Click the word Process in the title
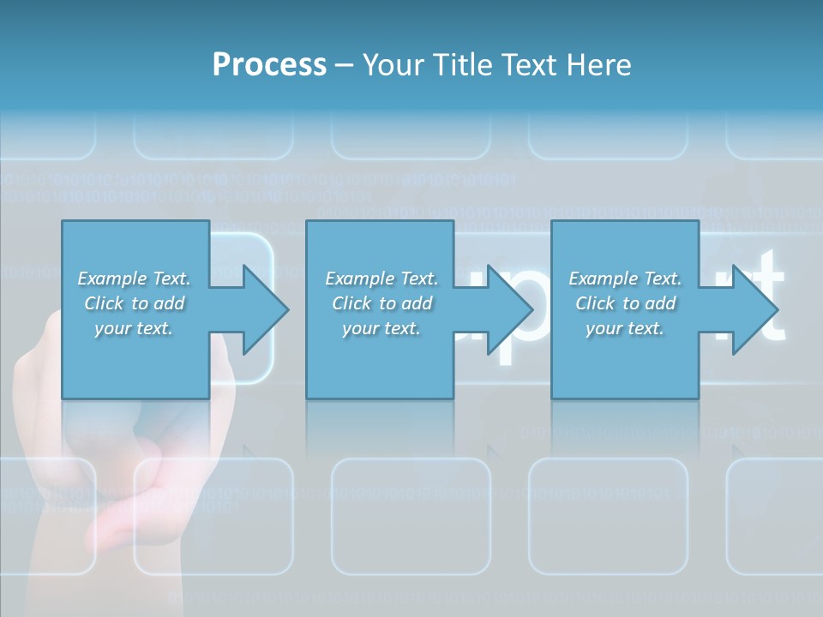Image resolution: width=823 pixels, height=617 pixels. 269,65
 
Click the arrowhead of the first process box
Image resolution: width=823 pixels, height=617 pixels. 266,309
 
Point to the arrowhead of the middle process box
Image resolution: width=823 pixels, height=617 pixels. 510,309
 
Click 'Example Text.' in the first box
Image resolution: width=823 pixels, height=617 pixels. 135,279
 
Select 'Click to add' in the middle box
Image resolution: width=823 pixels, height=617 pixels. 381,303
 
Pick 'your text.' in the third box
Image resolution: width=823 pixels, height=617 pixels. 625,328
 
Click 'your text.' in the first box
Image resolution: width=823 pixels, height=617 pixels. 135,328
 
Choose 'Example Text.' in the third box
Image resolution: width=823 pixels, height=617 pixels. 625,279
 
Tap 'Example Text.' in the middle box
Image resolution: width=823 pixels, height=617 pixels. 381,279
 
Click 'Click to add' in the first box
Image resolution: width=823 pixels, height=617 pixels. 135,303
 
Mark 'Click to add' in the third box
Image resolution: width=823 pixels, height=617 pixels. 625,303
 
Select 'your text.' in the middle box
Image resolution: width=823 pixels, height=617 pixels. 381,328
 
